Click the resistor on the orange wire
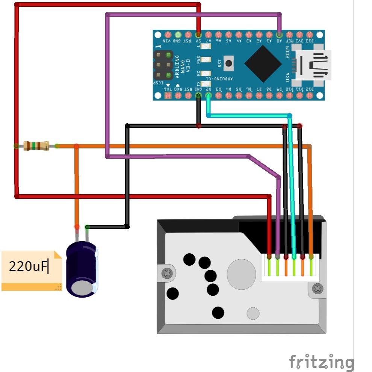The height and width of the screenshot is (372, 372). point(36,146)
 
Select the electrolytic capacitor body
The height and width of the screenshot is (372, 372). point(82,269)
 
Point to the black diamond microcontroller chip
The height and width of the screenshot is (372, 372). point(263,64)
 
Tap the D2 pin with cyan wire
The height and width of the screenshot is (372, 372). point(209,95)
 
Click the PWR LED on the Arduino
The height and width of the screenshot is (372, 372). point(206,59)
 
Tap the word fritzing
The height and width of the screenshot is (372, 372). point(321,361)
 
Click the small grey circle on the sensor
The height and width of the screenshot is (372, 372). point(253,313)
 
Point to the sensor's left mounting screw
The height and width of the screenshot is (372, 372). point(167,273)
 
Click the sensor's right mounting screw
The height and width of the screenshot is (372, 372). point(318,289)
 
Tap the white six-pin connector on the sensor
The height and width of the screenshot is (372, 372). point(290,268)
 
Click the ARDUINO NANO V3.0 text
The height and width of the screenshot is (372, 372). point(183,67)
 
